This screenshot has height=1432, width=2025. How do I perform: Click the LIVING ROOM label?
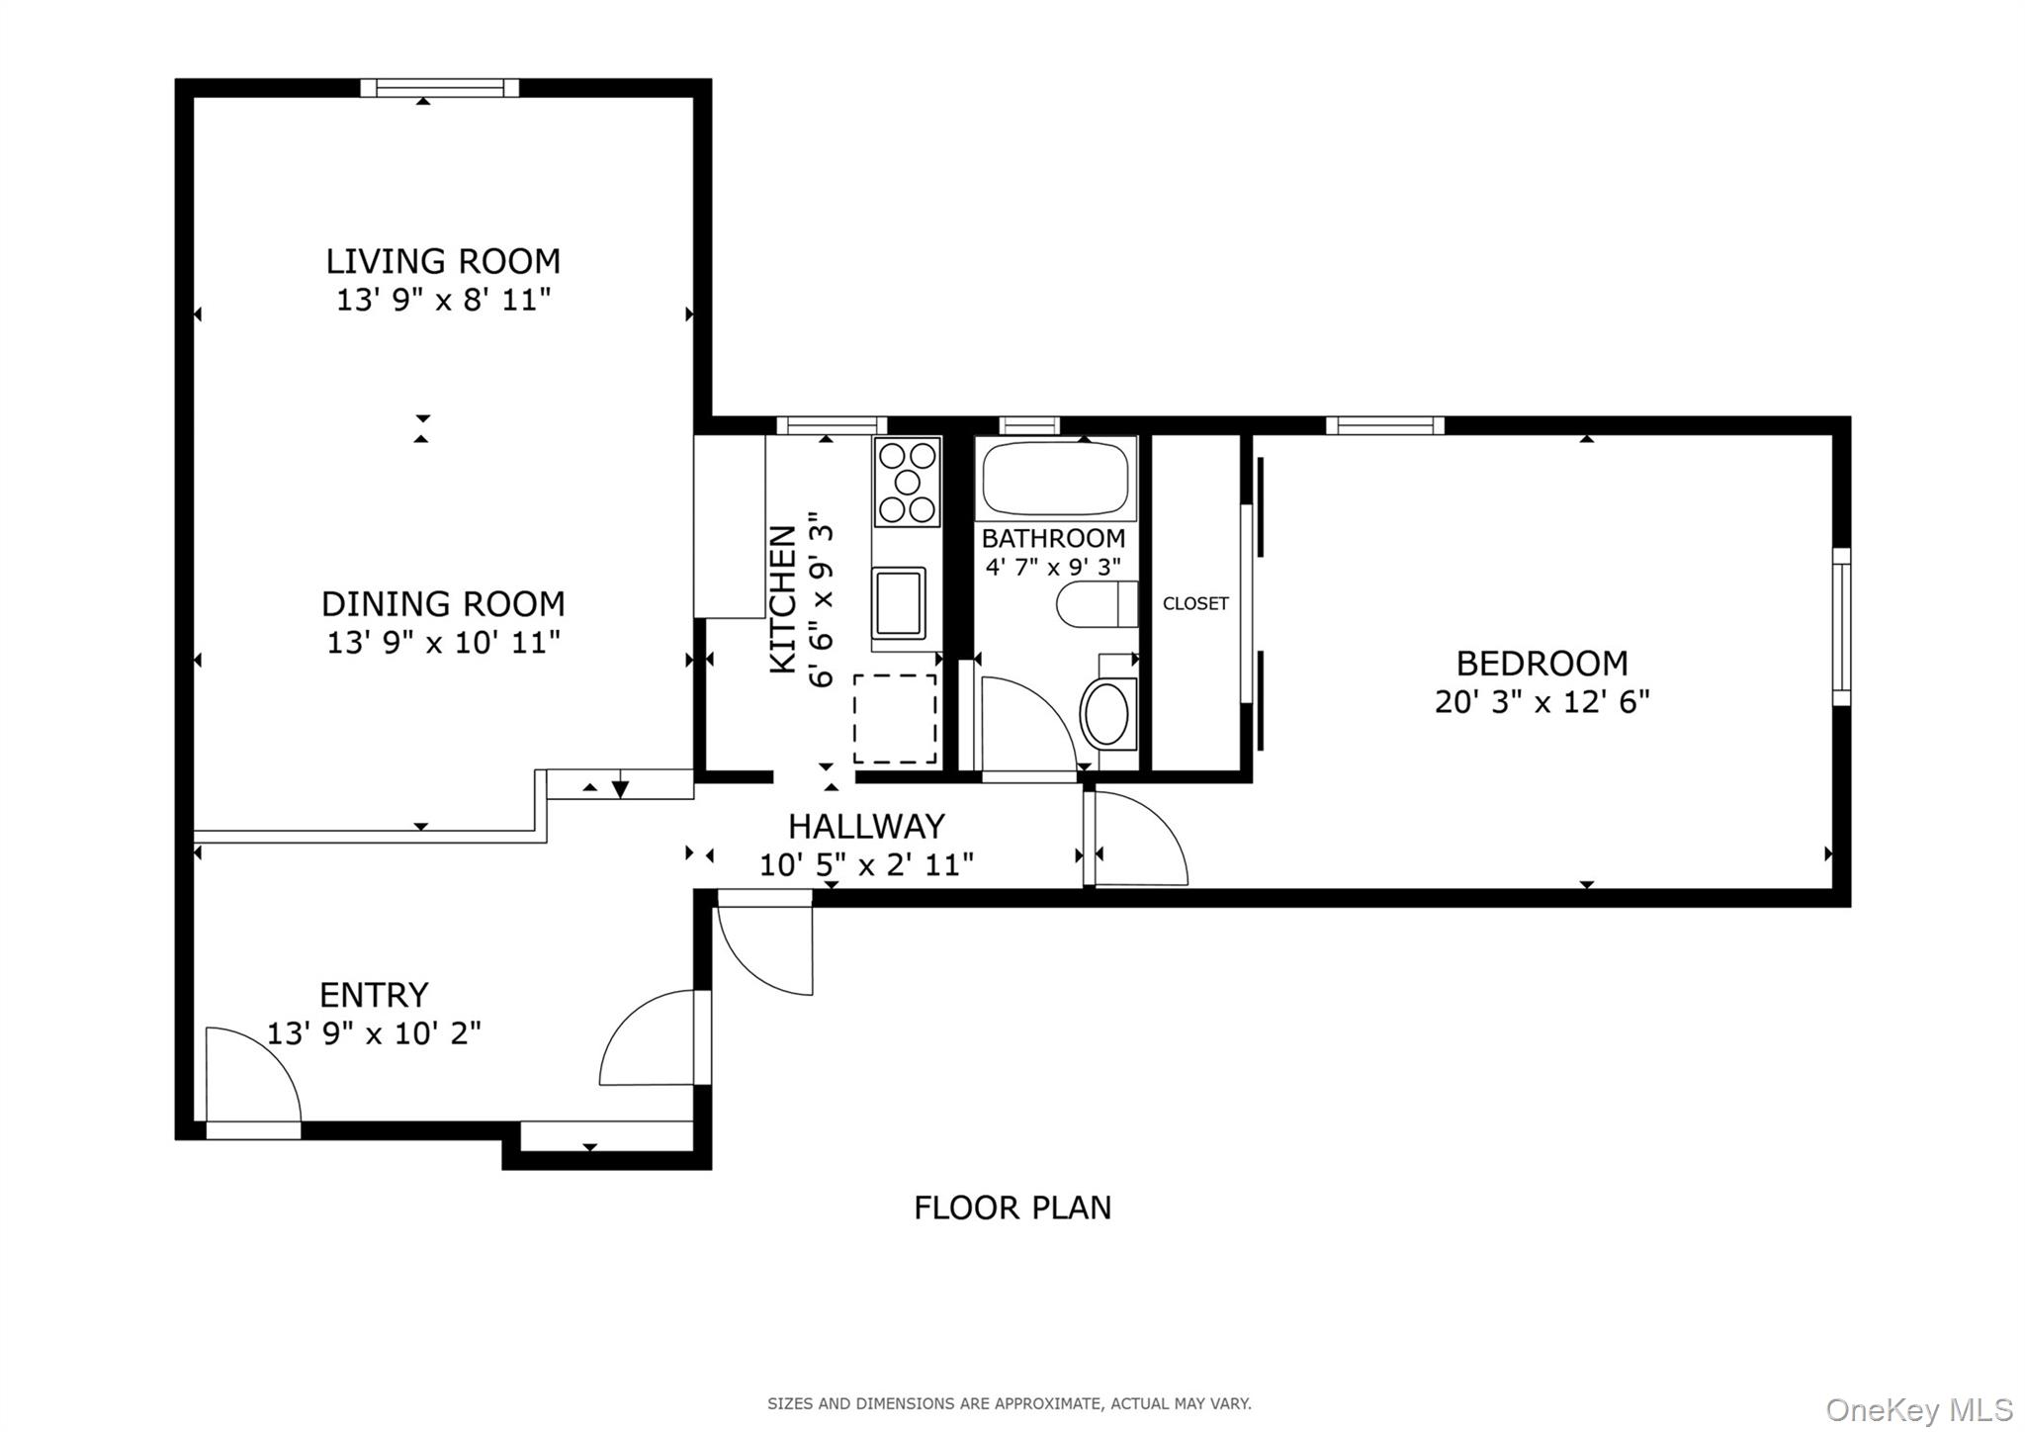(443, 261)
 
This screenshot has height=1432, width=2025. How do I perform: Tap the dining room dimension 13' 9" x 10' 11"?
(443, 643)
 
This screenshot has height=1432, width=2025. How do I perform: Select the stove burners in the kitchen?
(907, 482)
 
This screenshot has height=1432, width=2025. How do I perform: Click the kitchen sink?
(898, 601)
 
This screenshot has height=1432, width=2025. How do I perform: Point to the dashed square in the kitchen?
(894, 719)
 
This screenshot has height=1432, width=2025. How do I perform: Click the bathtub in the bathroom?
(1055, 480)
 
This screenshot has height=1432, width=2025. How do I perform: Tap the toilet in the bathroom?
(1095, 604)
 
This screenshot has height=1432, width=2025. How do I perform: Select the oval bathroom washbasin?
(1106, 713)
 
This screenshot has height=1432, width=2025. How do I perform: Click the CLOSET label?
(1195, 603)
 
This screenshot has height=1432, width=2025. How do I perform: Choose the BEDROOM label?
(1541, 663)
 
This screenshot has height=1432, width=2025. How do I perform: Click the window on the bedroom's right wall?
(1840, 626)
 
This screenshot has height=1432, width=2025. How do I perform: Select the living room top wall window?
(439, 88)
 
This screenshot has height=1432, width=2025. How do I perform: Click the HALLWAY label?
(866, 826)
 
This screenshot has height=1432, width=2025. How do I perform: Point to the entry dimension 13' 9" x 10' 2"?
(374, 1033)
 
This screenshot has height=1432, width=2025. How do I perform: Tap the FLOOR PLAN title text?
(1012, 1208)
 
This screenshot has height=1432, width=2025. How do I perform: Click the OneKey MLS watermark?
(1918, 1409)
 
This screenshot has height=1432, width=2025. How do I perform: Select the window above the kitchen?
(831, 426)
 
